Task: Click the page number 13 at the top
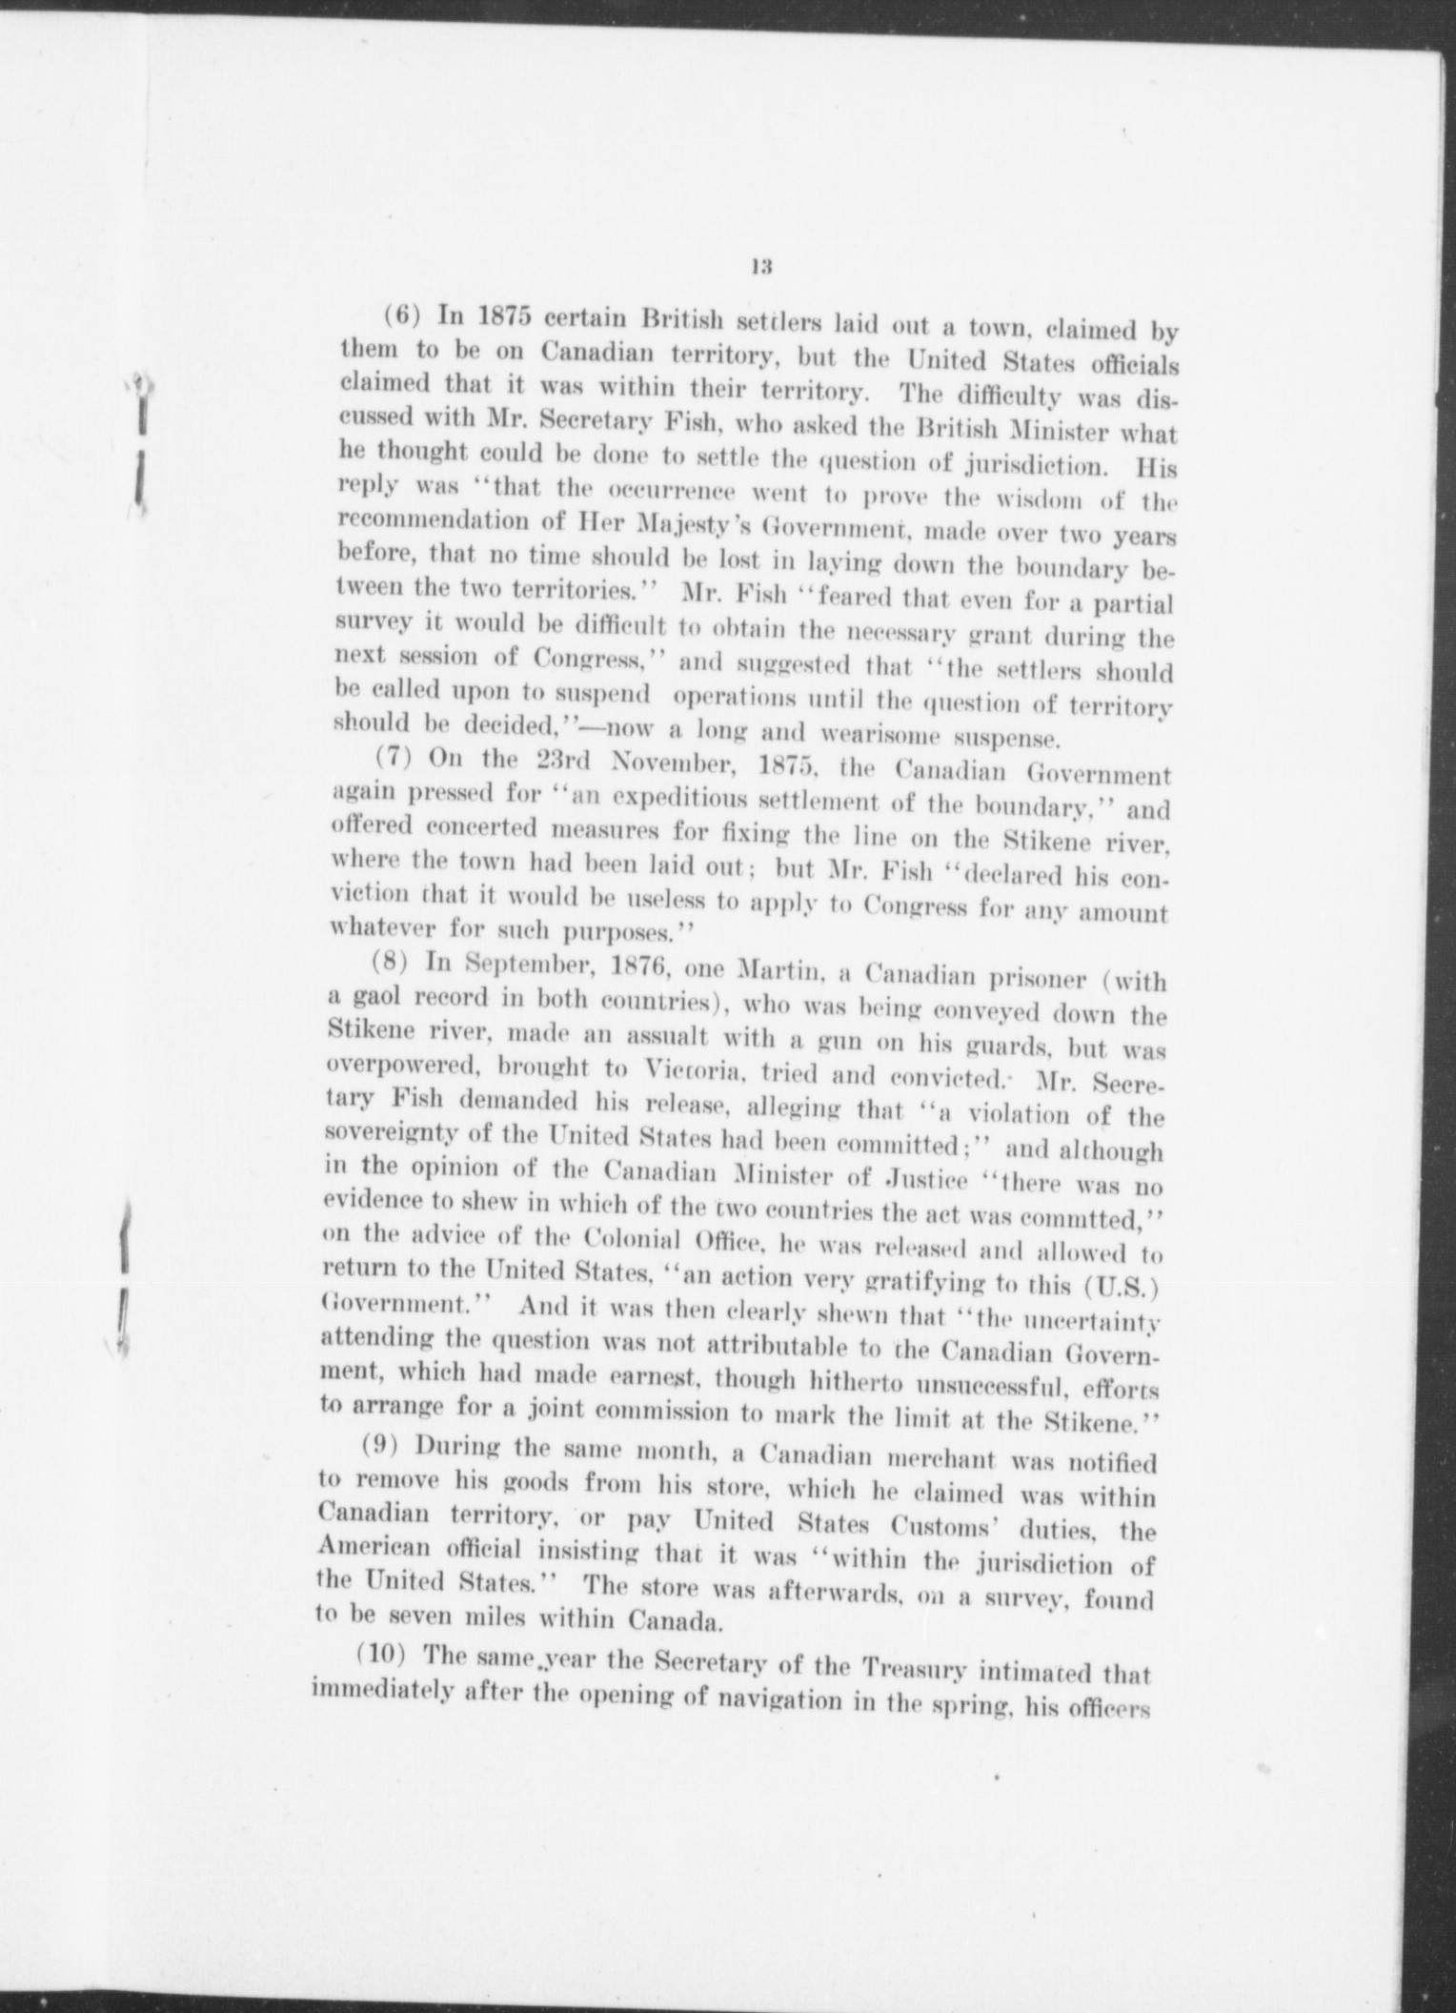click(x=759, y=268)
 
